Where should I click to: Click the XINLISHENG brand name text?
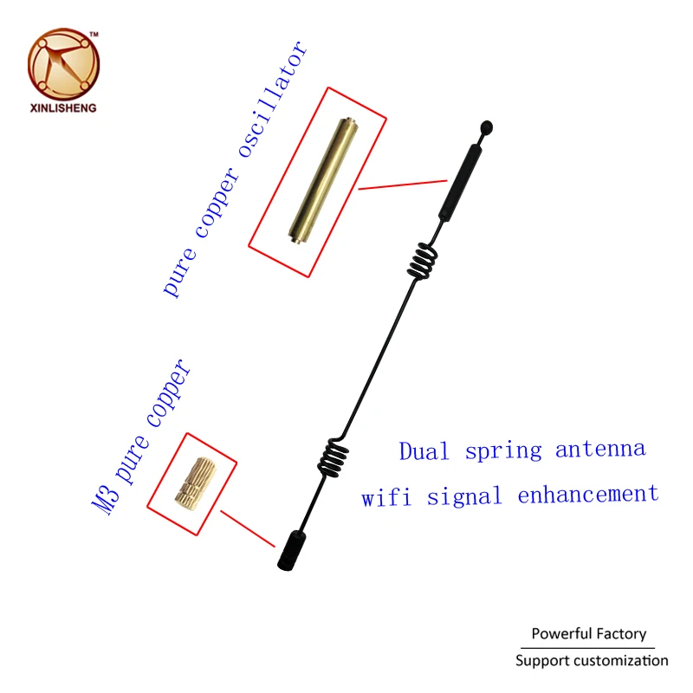pos(63,108)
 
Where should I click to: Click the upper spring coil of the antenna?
pos(423,257)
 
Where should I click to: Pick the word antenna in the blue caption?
pos(600,450)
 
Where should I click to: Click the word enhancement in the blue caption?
pos(588,495)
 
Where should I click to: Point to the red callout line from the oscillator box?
pos(403,183)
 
